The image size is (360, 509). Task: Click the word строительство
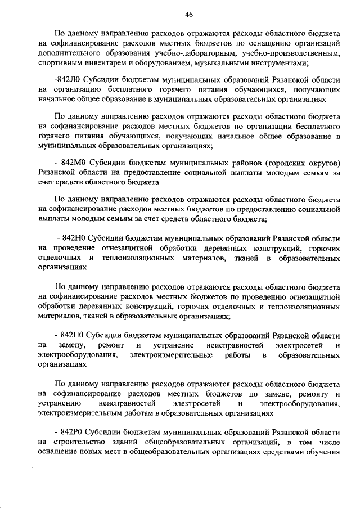(x=83, y=443)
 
